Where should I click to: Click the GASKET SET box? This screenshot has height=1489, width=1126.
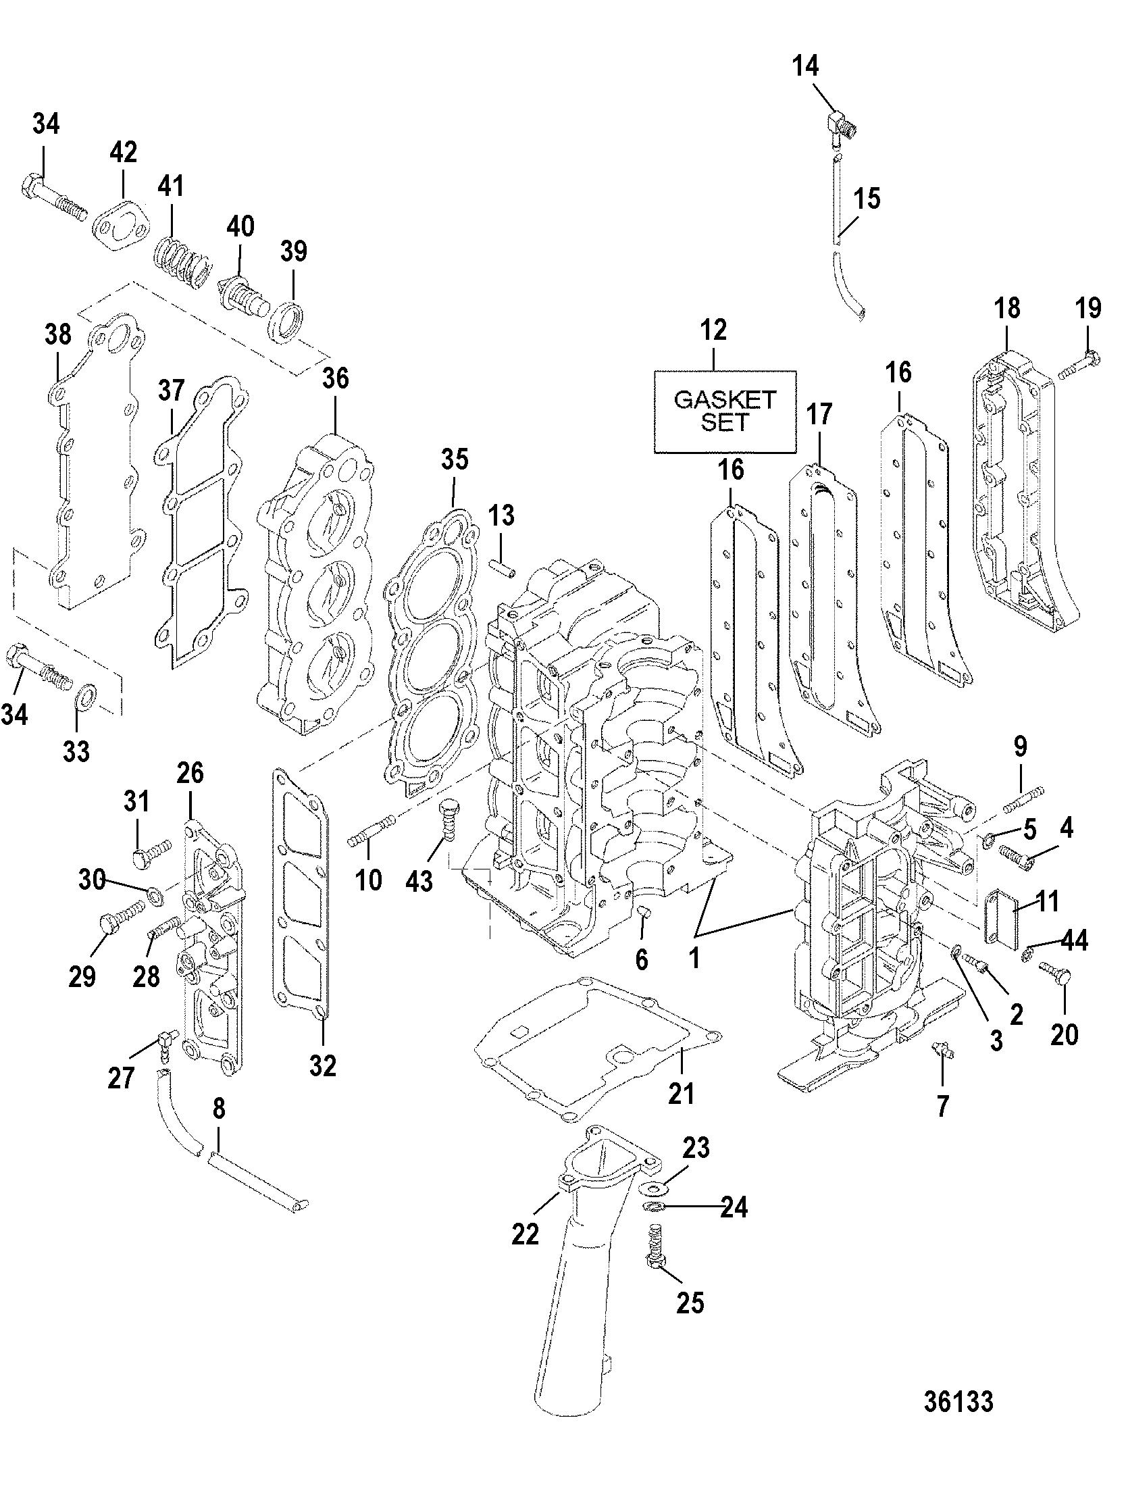click(725, 411)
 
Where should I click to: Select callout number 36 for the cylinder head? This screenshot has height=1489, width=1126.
click(336, 378)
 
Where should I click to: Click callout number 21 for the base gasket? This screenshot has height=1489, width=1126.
click(681, 1092)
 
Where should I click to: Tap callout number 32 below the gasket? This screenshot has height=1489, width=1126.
click(323, 1065)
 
